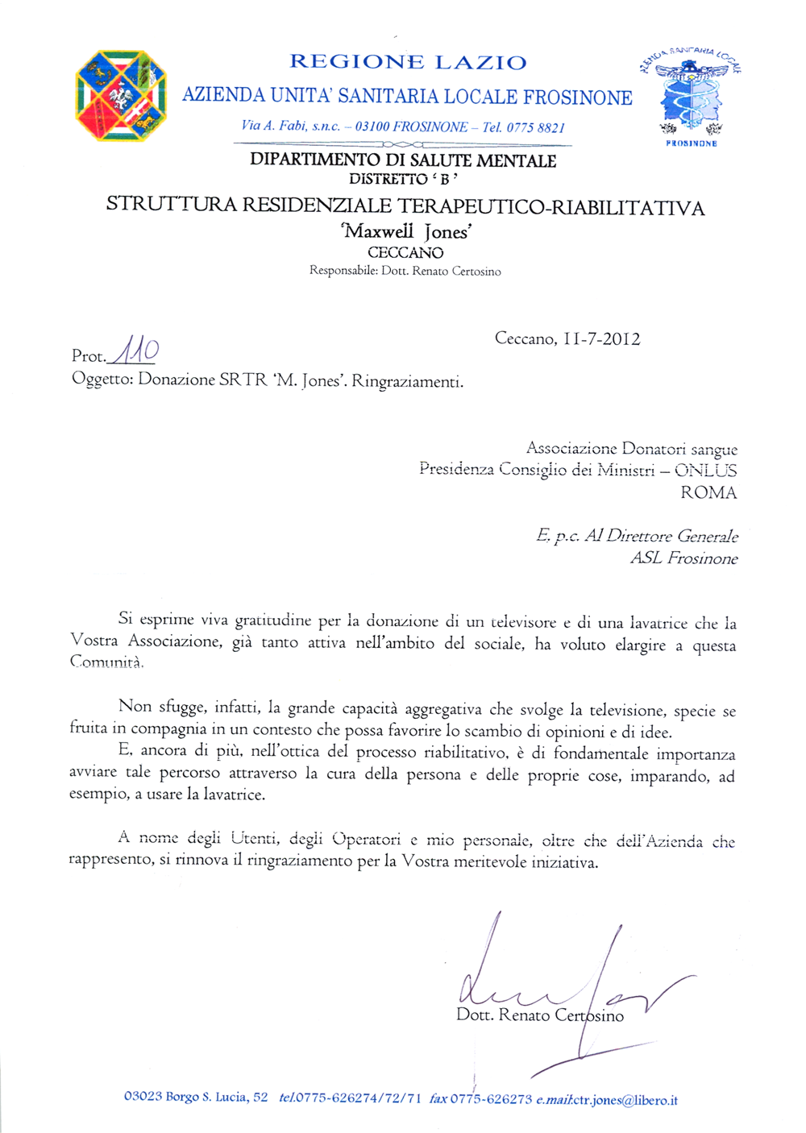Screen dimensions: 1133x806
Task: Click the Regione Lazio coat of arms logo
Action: (x=121, y=96)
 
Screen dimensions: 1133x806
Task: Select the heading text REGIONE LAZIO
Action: (x=408, y=62)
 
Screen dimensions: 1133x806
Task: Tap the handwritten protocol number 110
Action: (x=135, y=351)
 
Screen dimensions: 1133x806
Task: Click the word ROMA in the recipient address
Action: (x=708, y=492)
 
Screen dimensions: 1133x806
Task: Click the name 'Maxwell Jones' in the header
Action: (x=407, y=232)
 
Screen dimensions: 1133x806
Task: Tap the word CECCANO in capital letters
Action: (x=405, y=253)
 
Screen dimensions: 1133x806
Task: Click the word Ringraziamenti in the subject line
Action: (x=407, y=381)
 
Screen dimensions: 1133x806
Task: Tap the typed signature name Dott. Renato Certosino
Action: (x=540, y=1015)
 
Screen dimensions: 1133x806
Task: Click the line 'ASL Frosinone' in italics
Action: (x=683, y=558)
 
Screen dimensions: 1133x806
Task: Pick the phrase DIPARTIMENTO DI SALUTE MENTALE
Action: (x=403, y=160)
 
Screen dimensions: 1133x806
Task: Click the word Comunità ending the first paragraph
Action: (x=106, y=662)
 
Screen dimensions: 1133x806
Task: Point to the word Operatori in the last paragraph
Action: (x=366, y=840)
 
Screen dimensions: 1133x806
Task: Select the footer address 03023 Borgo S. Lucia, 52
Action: (x=196, y=1098)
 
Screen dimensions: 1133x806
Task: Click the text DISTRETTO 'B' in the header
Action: (x=403, y=179)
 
